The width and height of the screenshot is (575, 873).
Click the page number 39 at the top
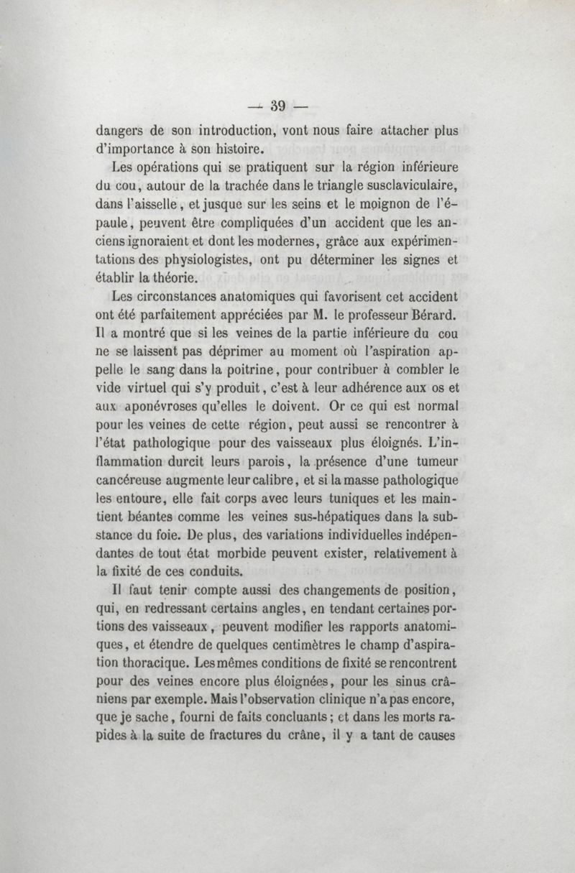pos(279,106)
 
